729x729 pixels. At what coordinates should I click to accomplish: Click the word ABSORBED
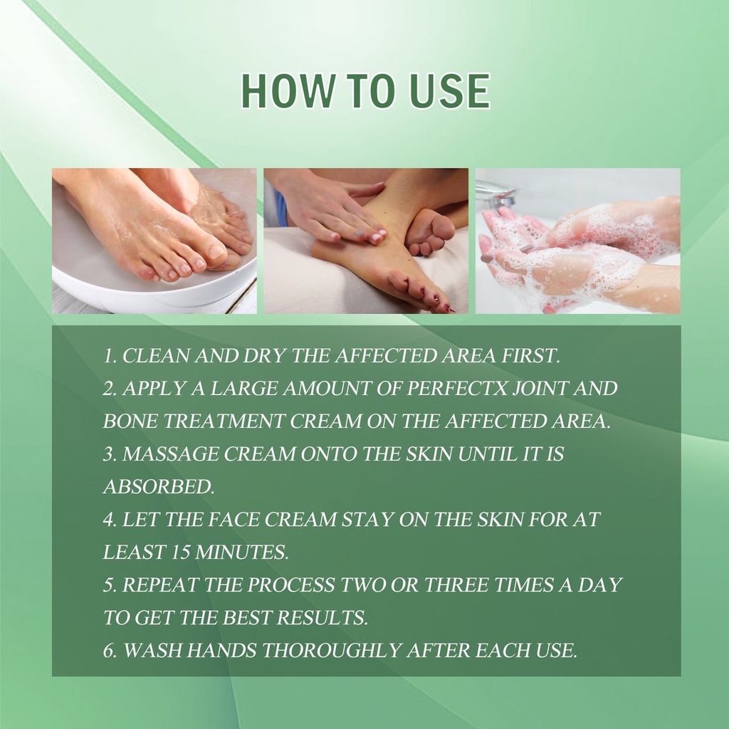click(159, 487)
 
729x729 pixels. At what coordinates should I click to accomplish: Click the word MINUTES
click(242, 552)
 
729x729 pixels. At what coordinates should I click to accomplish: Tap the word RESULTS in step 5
click(322, 617)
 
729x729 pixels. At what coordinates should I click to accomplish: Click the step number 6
click(109, 650)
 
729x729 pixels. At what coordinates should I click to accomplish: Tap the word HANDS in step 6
click(221, 650)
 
